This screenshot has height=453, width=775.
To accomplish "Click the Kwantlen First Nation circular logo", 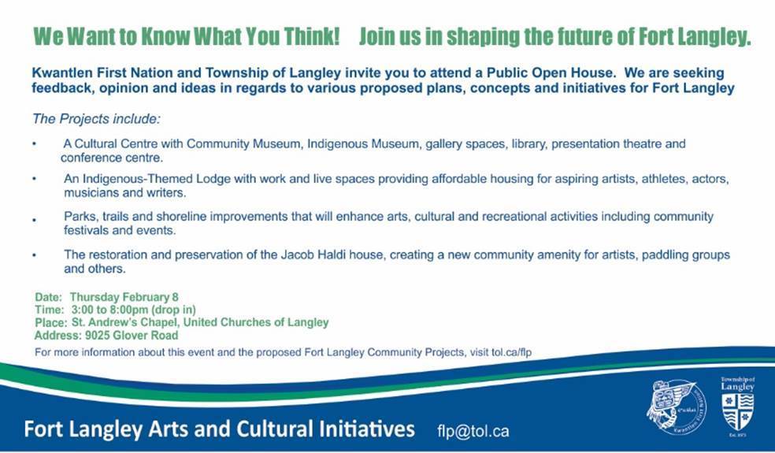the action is point(676,407).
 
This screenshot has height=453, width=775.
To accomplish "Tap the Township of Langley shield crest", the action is point(737,411).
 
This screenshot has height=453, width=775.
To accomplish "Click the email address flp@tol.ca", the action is point(473,431).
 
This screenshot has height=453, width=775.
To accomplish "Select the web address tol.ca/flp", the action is point(512,353).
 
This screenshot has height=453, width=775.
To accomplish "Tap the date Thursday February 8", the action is point(124,297).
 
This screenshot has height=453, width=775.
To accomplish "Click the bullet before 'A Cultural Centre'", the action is point(34,144).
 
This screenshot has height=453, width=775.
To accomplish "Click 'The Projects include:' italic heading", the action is point(96,119).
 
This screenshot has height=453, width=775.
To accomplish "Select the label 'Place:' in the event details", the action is point(51,323).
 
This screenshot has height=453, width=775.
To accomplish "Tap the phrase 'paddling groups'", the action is point(685,255).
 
